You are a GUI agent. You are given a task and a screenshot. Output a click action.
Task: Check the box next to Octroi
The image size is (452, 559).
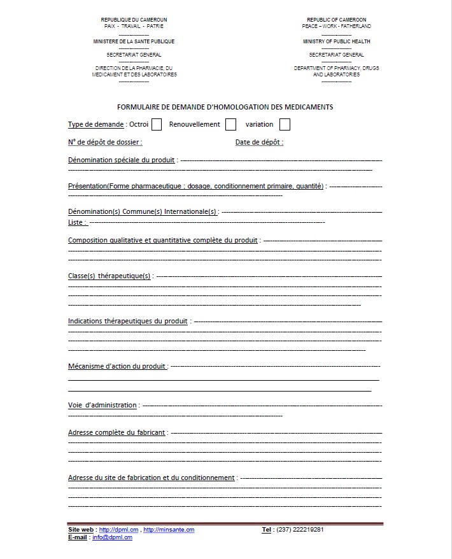157,125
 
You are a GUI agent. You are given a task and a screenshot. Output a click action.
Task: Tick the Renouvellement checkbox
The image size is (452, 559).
230,125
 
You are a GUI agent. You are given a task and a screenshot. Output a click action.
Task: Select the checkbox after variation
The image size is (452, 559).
285,125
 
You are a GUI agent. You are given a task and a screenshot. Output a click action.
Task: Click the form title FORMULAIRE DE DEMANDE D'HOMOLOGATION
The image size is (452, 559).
225,107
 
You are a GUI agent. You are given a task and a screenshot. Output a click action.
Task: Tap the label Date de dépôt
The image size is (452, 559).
259,143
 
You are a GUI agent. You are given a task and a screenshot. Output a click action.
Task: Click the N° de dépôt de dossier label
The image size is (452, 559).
105,143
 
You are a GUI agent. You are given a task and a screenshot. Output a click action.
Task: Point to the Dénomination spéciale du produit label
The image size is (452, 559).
122,160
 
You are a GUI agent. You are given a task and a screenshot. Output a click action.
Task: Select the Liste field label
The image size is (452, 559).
77,223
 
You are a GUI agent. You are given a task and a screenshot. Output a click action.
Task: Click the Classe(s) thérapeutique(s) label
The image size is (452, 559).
109,276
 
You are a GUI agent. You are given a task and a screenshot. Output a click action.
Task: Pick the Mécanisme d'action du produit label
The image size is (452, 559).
117,367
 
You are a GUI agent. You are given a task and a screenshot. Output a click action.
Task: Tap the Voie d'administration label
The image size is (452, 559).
102,406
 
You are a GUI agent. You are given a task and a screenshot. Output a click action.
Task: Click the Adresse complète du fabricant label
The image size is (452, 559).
117,433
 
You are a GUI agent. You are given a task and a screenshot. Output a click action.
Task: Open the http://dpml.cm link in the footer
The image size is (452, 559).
119,530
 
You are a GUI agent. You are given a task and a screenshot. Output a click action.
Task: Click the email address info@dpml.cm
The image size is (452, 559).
112,537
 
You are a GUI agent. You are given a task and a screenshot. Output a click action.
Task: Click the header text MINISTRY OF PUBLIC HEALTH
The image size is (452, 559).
336,41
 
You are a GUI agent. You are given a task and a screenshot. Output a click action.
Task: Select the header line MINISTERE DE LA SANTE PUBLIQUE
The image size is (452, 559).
134,41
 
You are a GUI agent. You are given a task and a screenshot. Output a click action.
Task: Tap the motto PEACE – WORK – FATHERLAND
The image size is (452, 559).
336,26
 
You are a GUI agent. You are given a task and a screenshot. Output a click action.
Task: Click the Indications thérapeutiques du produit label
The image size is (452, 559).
128,322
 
